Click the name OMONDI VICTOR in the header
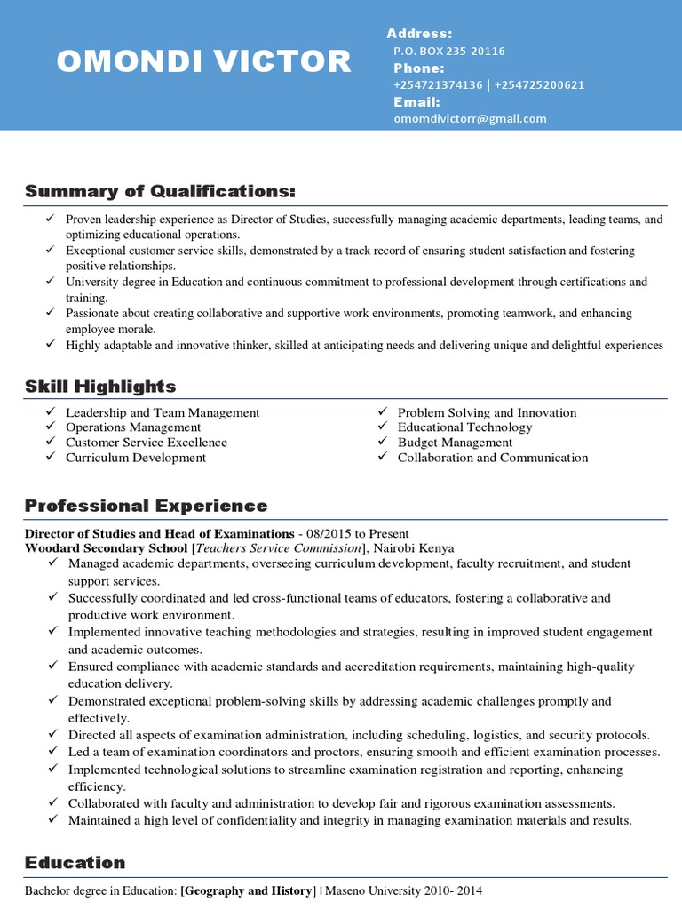tap(203, 61)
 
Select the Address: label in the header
tap(419, 34)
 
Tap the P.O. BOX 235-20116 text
tap(449, 52)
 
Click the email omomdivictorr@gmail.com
tap(470, 118)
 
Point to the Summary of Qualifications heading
tap(160, 192)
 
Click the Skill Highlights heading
tap(100, 387)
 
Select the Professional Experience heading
tap(146, 506)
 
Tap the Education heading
tap(75, 863)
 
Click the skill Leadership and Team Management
tap(163, 412)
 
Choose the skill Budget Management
tap(455, 443)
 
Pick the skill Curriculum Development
tap(136, 458)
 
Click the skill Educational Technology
tap(464, 427)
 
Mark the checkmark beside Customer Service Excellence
tap(50, 442)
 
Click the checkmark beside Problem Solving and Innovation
tap(382, 411)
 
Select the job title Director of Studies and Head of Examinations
tap(159, 534)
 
